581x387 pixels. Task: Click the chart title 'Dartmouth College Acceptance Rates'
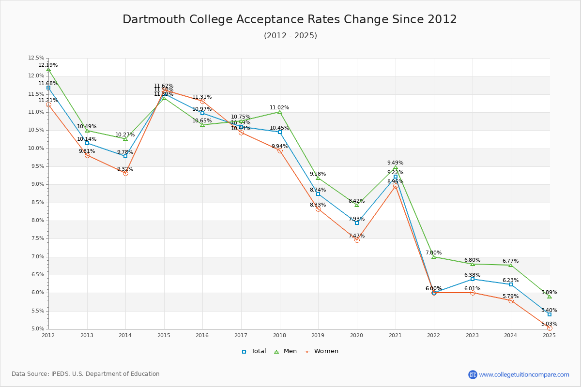click(290, 19)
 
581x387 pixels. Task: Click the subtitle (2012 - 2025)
click(290, 36)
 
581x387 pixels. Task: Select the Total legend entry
click(254, 351)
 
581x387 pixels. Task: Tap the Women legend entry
click(321, 351)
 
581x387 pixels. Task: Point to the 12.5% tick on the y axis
click(36, 58)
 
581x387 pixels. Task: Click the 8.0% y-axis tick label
click(37, 221)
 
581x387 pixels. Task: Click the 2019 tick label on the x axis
click(318, 335)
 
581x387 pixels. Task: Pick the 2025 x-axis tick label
click(549, 335)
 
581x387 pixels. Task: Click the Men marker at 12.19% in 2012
click(48, 70)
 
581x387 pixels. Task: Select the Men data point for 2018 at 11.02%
click(280, 112)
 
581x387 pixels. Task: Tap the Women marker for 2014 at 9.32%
click(125, 173)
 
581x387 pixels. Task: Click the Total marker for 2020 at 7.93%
click(357, 223)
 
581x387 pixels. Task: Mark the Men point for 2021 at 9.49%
click(396, 167)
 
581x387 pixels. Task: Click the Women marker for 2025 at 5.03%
click(550, 328)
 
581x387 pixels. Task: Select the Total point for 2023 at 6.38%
click(473, 279)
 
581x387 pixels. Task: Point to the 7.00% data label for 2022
click(433, 253)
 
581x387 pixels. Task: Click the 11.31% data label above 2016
click(202, 97)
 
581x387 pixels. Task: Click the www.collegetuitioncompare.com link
click(524, 374)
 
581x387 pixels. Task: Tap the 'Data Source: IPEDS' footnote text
click(86, 374)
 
